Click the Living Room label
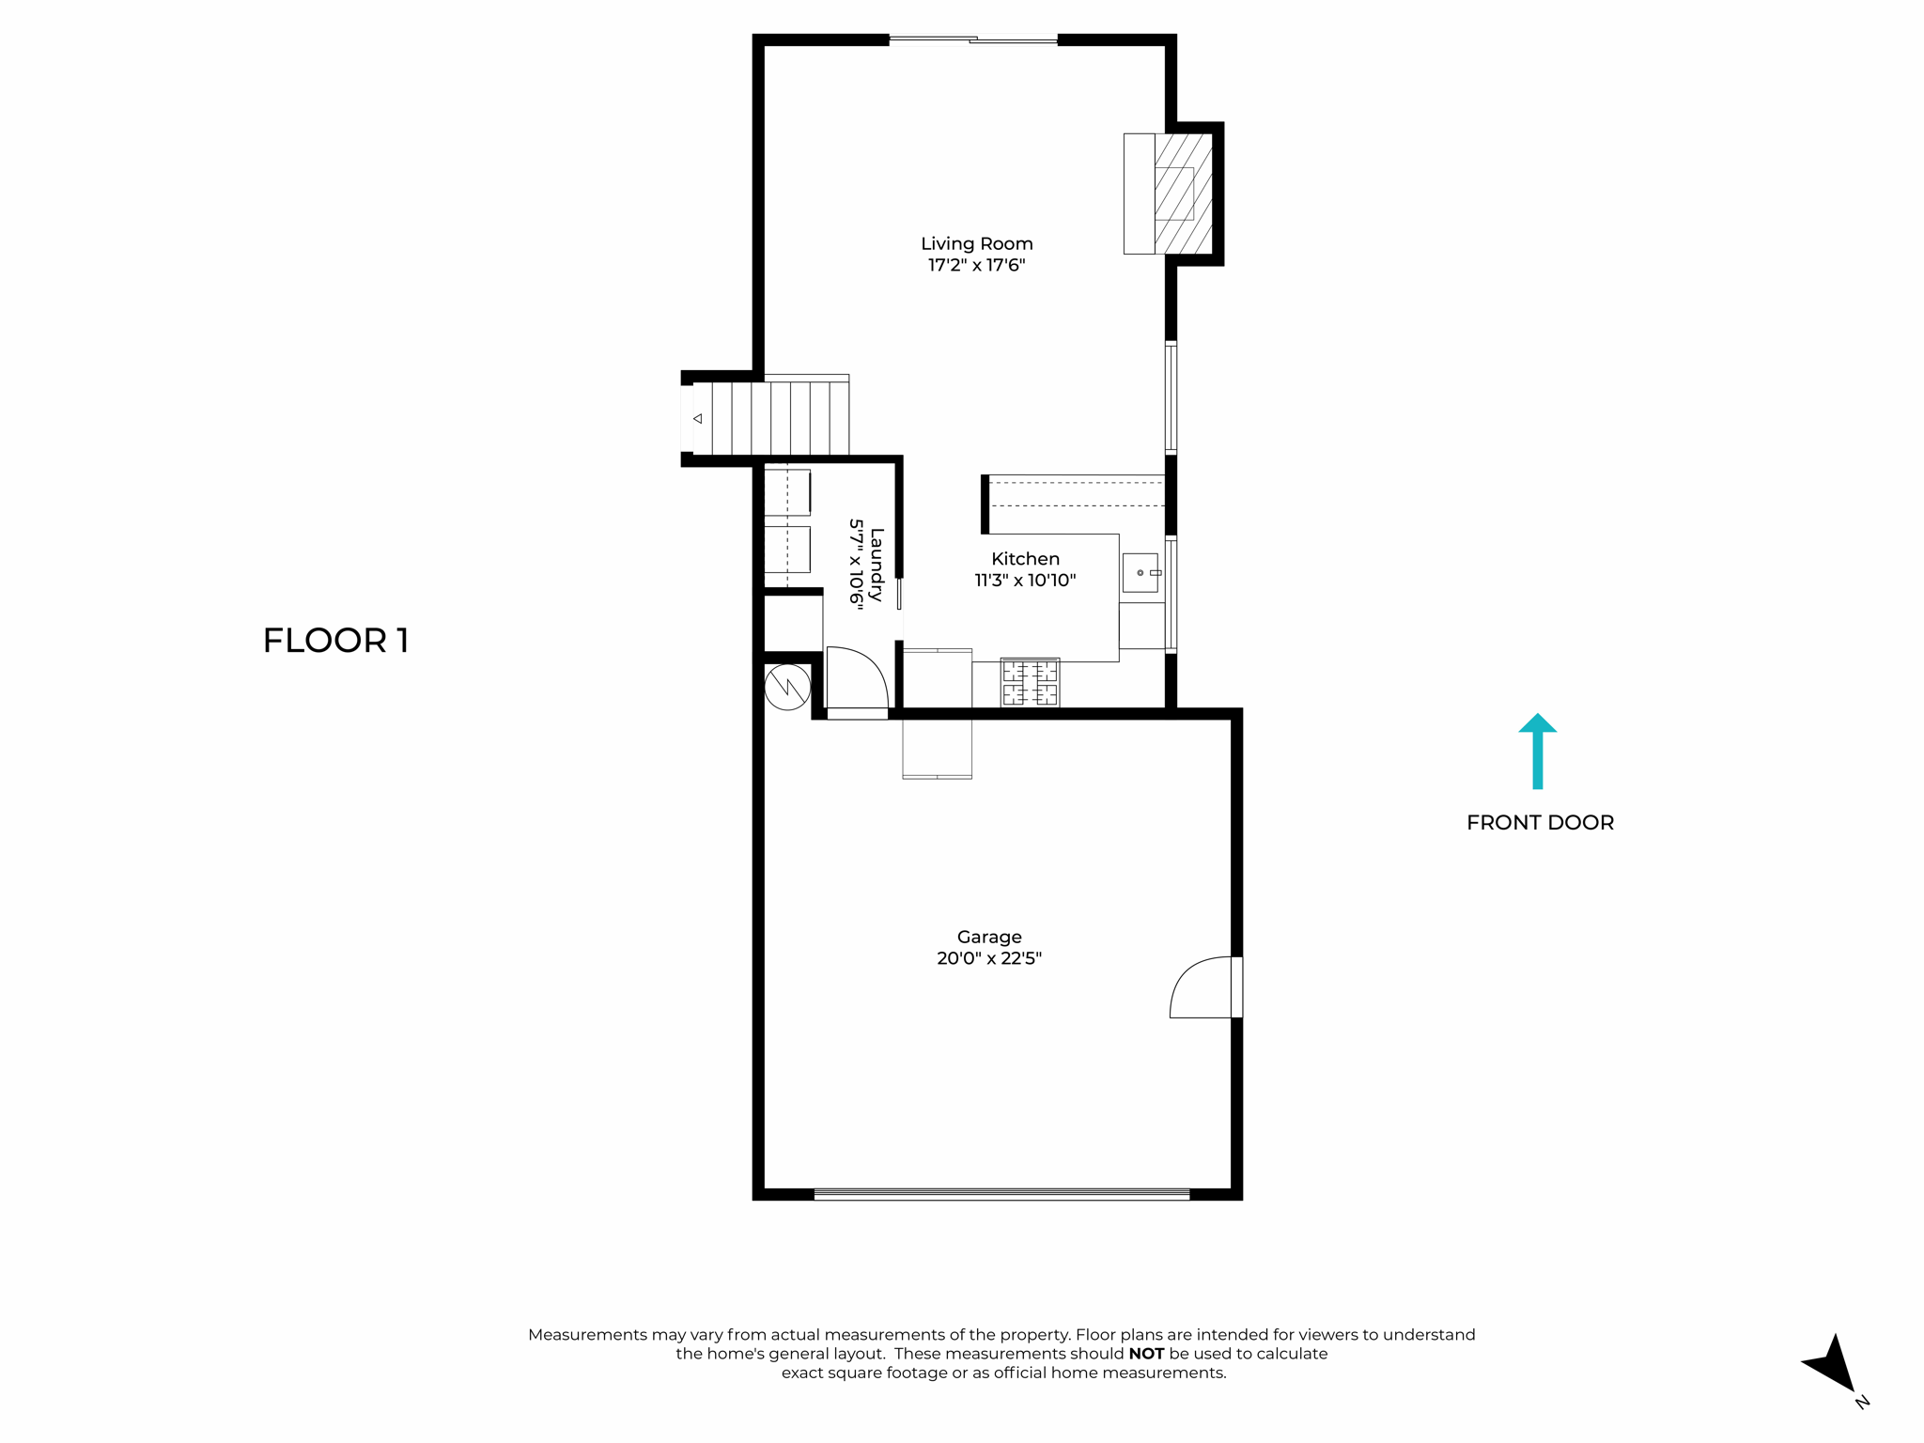coord(976,243)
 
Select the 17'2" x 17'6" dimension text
coord(976,265)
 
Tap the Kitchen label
coord(1025,559)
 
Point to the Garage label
coord(988,937)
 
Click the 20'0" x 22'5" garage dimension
coord(988,958)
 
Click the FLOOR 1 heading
coord(335,641)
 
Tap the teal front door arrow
coord(1537,751)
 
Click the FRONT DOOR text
coord(1540,822)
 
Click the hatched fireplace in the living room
coord(1182,194)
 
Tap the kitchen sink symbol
coord(1140,572)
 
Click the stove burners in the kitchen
coord(1030,683)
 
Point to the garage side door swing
coord(1202,987)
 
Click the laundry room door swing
coord(856,678)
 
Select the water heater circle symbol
coord(787,688)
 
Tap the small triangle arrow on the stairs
coord(697,418)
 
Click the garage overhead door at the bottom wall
coord(1001,1194)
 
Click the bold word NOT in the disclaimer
coord(1145,1354)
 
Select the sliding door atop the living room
coord(973,39)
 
